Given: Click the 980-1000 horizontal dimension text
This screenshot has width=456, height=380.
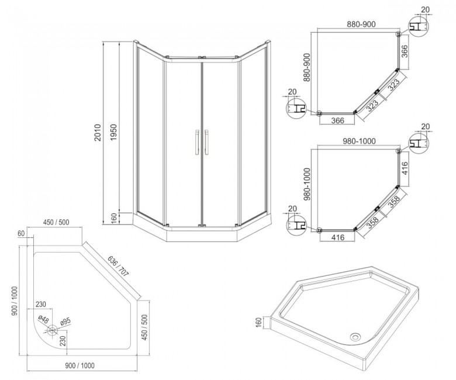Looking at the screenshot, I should pos(357,141).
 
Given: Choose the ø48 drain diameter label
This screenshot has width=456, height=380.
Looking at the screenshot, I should pos(43,318).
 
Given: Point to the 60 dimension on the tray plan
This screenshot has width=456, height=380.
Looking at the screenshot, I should pos(22,233).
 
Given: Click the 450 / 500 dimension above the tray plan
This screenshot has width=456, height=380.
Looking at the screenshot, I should pos(57,223).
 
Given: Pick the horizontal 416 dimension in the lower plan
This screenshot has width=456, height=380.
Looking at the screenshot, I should pos(336,238).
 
